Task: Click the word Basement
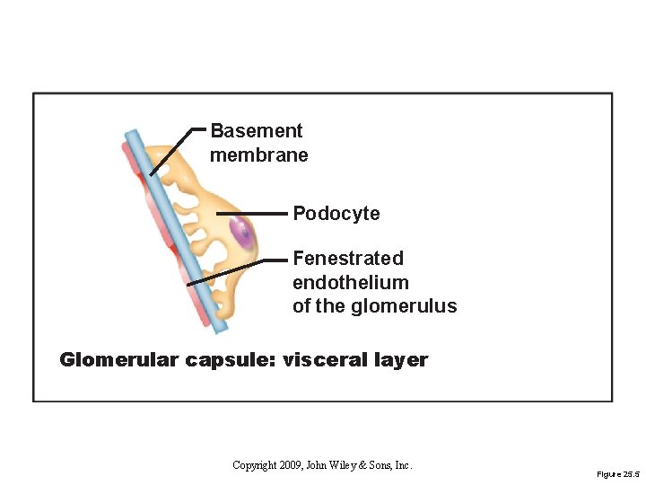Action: pos(256,131)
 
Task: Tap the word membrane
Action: pos(258,155)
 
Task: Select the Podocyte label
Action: pos(336,214)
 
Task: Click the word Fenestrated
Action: pos(348,259)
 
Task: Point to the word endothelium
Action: pos(350,282)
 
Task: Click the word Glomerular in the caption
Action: pos(120,360)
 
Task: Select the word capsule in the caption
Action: pos(230,361)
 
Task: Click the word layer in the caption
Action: pos(402,361)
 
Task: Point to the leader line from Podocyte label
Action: pos(251,214)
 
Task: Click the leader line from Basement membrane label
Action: pos(175,148)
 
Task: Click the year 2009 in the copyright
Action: pos(290,465)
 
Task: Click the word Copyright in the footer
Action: pos(255,465)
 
